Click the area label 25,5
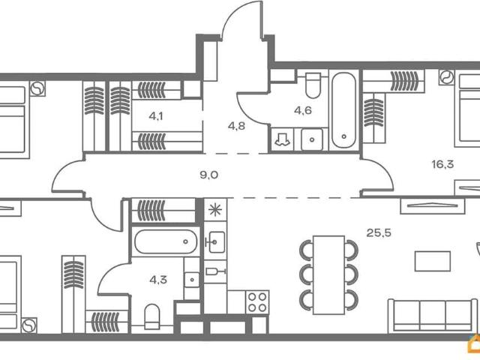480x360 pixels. [379, 233]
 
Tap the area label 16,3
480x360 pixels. [442, 165]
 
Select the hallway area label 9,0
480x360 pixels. [208, 175]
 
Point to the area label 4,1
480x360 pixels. [156, 116]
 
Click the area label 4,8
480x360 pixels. [236, 126]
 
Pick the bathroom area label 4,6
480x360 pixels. [303, 110]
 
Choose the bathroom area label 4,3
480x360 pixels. [158, 280]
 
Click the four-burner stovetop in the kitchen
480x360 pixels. [257, 302]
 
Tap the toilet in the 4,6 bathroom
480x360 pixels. [313, 85]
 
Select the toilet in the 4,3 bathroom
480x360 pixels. [151, 316]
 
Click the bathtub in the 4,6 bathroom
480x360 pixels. [344, 110]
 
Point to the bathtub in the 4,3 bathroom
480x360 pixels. [166, 241]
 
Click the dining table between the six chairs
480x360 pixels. [328, 275]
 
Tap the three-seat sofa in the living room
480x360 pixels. [433, 316]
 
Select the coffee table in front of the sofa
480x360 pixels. [432, 261]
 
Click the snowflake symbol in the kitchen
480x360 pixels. [215, 210]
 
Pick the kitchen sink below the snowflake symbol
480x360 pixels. [215, 242]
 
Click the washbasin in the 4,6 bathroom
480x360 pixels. [312, 139]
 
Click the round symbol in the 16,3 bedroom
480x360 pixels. [447, 77]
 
